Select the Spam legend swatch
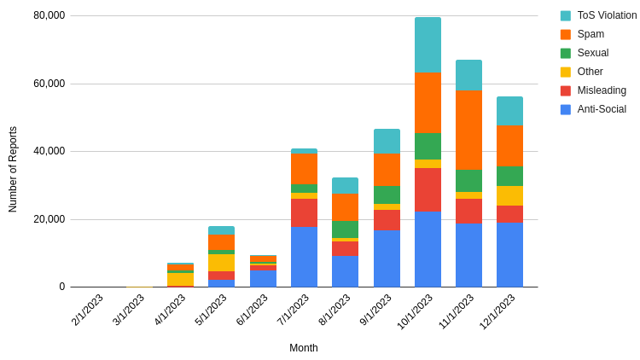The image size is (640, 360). (566, 34)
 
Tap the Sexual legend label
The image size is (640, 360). (593, 53)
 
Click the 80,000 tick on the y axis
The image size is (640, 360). (49, 15)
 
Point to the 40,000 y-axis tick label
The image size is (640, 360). (49, 151)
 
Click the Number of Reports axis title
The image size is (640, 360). (13, 169)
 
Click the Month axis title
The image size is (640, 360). (303, 348)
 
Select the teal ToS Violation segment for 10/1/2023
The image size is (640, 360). (428, 45)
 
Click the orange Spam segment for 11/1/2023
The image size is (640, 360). (468, 130)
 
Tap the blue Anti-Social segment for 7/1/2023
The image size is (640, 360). (304, 256)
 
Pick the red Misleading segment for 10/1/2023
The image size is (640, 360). (428, 189)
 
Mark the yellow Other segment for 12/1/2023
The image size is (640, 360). (509, 195)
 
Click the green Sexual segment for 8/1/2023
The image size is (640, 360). (345, 229)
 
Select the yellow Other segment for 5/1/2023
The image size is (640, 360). (221, 263)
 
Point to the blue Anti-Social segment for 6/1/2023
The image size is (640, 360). (263, 278)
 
